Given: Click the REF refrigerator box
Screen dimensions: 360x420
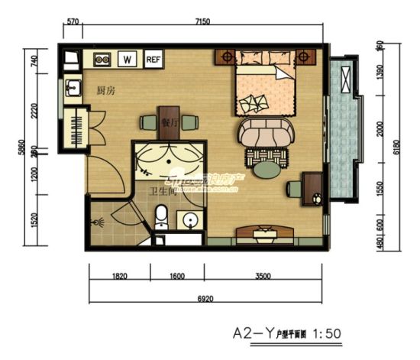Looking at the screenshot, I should [153, 58].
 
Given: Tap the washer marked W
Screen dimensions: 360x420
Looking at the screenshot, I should [128, 58].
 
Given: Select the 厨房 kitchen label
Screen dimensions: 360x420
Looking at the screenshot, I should [106, 90].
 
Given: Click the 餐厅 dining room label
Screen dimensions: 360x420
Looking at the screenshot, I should [170, 122].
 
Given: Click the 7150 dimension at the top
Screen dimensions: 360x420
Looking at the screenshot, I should [203, 23].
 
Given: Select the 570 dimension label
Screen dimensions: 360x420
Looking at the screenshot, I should [73, 23].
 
